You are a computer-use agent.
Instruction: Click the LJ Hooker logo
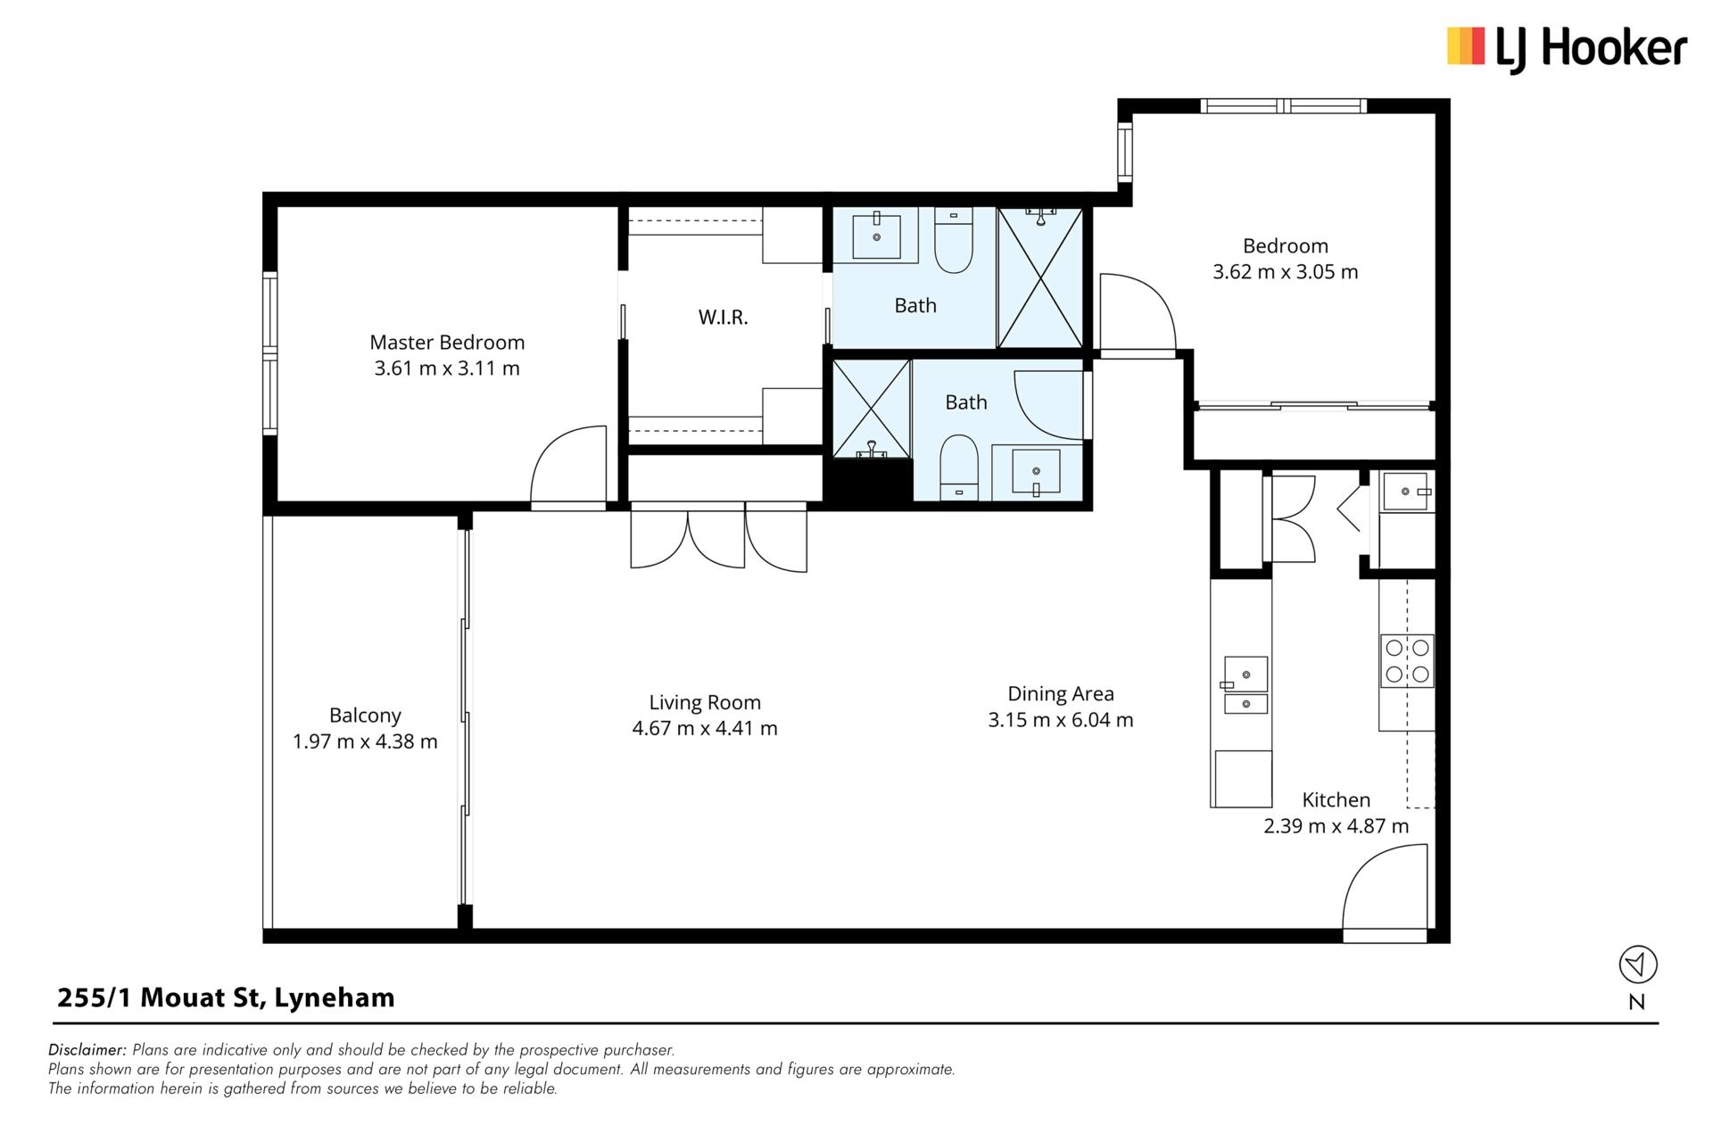(1567, 48)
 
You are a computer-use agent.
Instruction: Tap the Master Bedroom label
(447, 343)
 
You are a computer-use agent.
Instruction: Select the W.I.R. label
(723, 318)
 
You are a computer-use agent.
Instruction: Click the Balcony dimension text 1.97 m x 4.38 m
(365, 741)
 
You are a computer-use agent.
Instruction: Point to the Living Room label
(705, 703)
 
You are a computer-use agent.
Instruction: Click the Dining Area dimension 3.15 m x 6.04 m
(1060, 720)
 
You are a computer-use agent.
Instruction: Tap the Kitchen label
(1336, 800)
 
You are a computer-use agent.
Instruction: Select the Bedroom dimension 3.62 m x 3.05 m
(1285, 272)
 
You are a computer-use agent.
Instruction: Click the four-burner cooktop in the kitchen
(1407, 661)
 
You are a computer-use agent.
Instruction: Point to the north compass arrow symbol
(1638, 964)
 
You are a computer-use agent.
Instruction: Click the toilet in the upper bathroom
(954, 241)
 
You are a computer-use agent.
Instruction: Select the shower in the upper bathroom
(1039, 277)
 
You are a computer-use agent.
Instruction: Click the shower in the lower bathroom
(872, 409)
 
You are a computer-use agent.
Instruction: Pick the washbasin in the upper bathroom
(876, 236)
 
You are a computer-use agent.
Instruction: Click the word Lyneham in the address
(334, 998)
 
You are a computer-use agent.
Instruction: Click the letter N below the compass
(1637, 1002)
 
